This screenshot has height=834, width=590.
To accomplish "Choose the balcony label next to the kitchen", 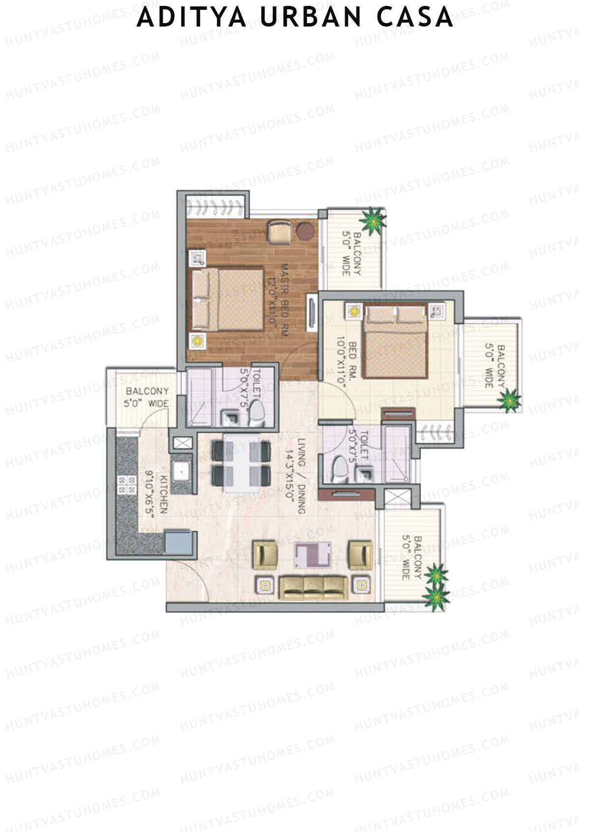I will [147, 397].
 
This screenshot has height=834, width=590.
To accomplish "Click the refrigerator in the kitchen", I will [178, 542].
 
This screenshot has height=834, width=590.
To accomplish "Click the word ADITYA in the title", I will [192, 18].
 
